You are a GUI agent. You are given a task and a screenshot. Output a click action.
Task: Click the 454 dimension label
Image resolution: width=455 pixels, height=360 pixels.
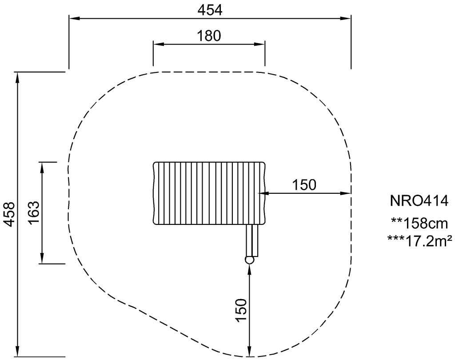pyautogui.click(x=210, y=10)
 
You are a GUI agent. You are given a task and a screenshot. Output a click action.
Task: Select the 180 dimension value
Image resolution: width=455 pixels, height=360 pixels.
pyautogui.click(x=209, y=36)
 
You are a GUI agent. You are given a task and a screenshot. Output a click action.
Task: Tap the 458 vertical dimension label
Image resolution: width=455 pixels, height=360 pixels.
pyautogui.click(x=10, y=214)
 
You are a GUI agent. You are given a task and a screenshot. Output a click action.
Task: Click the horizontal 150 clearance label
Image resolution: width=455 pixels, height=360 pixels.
pyautogui.click(x=304, y=185)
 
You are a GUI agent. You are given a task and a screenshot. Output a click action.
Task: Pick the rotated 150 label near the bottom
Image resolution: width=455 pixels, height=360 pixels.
pyautogui.click(x=241, y=310)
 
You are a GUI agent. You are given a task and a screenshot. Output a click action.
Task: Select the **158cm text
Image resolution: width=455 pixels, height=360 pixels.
pyautogui.click(x=419, y=224)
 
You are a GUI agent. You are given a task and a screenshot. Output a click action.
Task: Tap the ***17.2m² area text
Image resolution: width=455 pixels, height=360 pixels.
pyautogui.click(x=419, y=241)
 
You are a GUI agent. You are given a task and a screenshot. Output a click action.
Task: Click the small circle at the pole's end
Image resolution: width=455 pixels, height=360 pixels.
pyautogui.click(x=250, y=260)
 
